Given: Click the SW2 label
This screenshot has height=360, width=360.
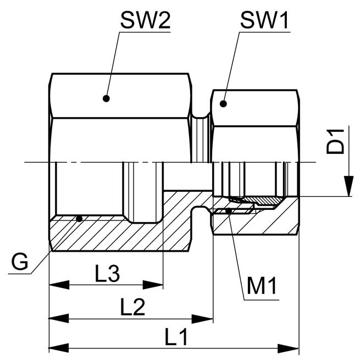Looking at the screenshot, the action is click(145, 20).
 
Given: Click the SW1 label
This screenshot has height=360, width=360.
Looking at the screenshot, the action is click(264, 20).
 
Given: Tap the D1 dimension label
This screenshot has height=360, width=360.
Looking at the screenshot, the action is click(335, 141).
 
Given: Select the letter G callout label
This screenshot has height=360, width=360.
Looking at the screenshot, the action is click(20, 262).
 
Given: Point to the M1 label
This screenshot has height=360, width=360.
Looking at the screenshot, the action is click(262, 286).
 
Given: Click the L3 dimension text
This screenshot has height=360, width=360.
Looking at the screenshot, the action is click(107, 273).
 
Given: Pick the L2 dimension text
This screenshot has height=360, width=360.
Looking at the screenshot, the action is click(132, 307).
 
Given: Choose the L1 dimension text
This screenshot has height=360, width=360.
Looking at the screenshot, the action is click(176, 337).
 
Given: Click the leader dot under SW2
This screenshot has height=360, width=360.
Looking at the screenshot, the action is click(106, 98).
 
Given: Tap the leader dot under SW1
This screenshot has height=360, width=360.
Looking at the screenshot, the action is click(223, 104).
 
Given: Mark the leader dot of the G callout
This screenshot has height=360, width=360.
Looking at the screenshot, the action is click(79, 219).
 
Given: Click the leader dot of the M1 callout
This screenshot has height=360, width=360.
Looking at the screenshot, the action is click(228, 211).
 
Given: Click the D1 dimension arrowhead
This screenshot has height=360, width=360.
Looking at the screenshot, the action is click(348, 186).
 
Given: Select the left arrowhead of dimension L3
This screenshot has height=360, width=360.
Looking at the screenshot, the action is click(59, 285).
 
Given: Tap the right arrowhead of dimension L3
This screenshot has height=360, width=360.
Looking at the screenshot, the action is click(153, 285).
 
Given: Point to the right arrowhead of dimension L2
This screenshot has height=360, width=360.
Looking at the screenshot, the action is click(202, 319).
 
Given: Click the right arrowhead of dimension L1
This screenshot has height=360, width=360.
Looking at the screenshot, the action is click(288, 348).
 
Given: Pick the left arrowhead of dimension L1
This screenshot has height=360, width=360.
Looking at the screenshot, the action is click(59, 348).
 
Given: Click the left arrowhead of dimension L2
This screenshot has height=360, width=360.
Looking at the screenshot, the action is click(59, 319).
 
